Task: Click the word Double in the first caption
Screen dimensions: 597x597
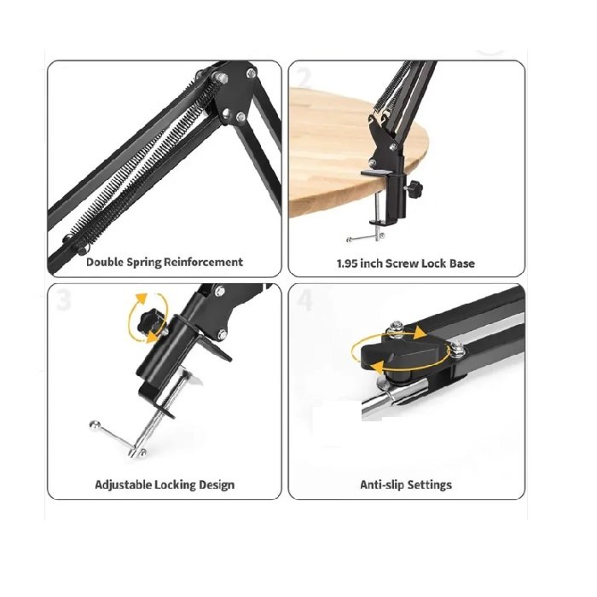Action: coord(105,262)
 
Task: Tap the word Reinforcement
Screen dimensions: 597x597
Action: coord(203,262)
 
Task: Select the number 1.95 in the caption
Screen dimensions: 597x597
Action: coord(347,264)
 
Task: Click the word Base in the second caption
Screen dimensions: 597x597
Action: coord(462,264)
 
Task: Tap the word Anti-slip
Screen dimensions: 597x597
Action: coord(382,484)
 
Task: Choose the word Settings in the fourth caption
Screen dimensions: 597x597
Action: coord(430,484)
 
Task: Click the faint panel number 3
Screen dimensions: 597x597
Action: coord(64,300)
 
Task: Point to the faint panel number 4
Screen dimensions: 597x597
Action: coord(304,300)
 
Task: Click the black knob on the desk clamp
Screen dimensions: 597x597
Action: coord(414,186)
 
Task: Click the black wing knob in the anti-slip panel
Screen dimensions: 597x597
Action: coord(403,352)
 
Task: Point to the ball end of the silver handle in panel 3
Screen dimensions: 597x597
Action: coord(93,424)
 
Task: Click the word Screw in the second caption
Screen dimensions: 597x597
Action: coord(402,264)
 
